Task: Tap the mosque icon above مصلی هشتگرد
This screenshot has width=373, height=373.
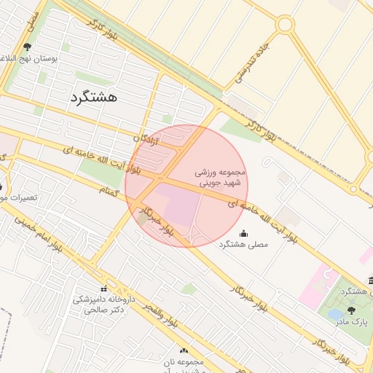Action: [243, 233]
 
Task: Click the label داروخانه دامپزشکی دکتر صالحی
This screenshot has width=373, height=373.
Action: [102, 304]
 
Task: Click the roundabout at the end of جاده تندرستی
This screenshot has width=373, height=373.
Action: [284, 25]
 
